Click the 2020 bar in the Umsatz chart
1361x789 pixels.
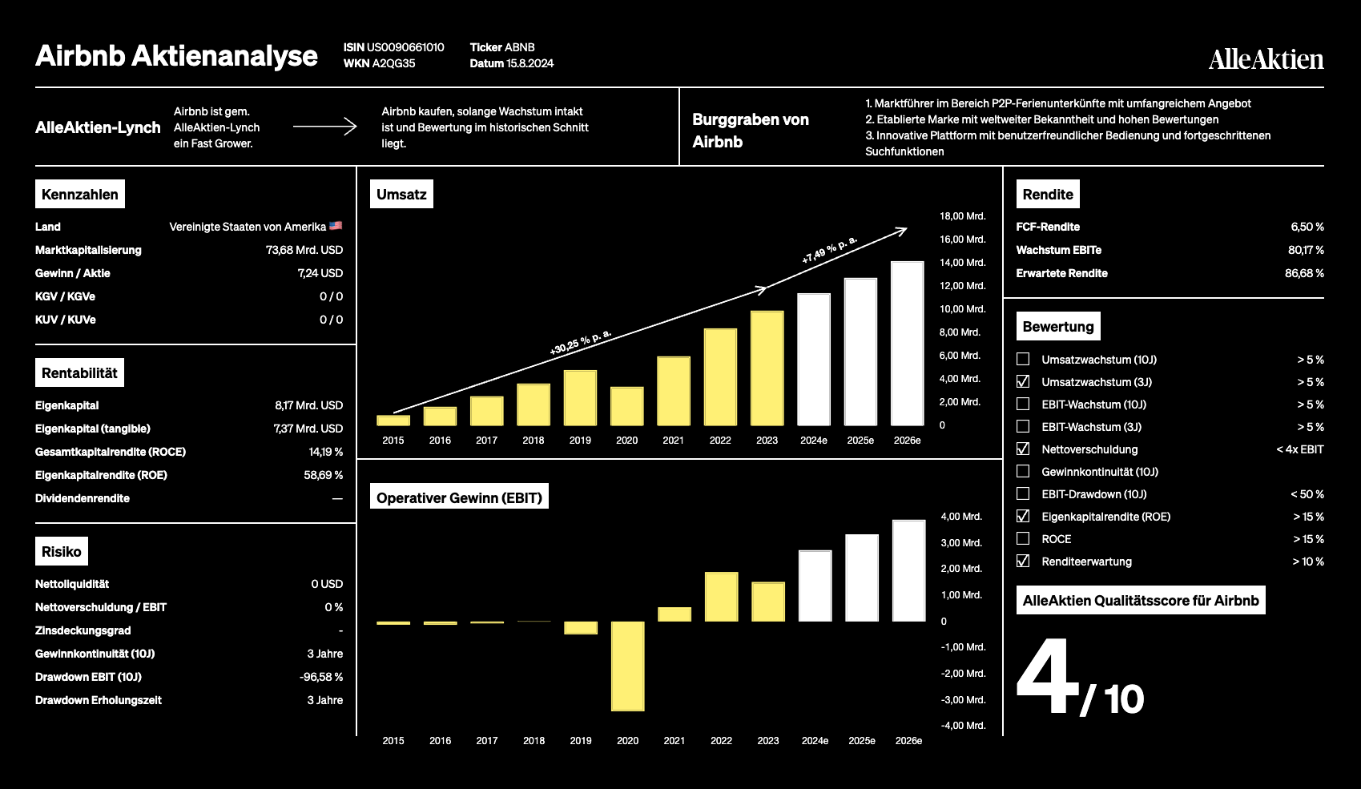[x=626, y=406]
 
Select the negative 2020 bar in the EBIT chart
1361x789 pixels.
[x=628, y=666]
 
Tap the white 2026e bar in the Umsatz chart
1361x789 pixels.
[x=907, y=343]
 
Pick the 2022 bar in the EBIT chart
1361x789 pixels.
[x=721, y=597]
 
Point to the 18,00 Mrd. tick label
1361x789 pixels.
[x=962, y=216]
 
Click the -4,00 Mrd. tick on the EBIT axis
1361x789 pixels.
[x=963, y=725]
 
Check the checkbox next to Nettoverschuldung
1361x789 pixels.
[x=1023, y=449]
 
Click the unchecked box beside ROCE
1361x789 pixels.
[x=1023, y=539]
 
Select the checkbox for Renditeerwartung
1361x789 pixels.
[x=1023, y=561]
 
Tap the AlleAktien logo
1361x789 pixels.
[x=1266, y=59]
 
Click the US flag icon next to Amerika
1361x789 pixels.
[x=336, y=226]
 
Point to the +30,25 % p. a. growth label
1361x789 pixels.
[x=580, y=343]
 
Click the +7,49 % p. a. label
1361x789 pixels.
[x=829, y=250]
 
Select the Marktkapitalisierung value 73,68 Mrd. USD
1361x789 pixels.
[x=304, y=250]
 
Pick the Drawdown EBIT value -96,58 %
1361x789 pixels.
[x=320, y=677]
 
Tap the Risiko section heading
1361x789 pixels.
[x=62, y=552]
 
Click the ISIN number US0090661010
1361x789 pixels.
[x=405, y=47]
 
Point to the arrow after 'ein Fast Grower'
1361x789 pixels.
[x=325, y=127]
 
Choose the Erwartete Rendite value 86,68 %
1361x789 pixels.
[x=1304, y=273]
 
